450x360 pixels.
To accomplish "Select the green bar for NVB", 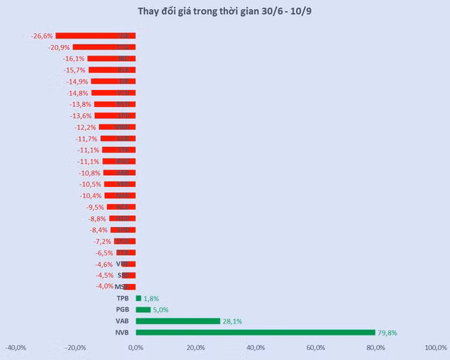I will coord(255,333).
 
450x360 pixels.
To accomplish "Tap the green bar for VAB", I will coord(178,321).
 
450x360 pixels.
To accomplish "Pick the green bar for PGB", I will coord(143,309).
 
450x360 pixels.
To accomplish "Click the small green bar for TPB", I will coord(139,298).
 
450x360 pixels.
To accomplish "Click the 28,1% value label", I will coord(232,321).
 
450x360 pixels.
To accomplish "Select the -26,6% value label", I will coord(41,36).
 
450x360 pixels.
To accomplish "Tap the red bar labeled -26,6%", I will coord(96,36).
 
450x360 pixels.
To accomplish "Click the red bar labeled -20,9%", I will coord(104,47).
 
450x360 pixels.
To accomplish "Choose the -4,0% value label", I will coord(105,286).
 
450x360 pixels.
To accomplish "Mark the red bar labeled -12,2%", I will coord(117,127).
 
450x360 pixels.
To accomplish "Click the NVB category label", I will coord(122,333).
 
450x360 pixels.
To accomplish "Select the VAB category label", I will coord(122,321).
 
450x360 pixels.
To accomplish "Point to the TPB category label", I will coord(123,298).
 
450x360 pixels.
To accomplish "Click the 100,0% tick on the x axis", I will coord(436,347).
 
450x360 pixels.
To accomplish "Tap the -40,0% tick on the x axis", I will coord(16,347).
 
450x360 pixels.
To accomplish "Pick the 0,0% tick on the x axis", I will coord(136,347).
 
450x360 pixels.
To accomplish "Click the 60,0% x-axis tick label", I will coord(316,347).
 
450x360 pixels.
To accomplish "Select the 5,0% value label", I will coord(160,309).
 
